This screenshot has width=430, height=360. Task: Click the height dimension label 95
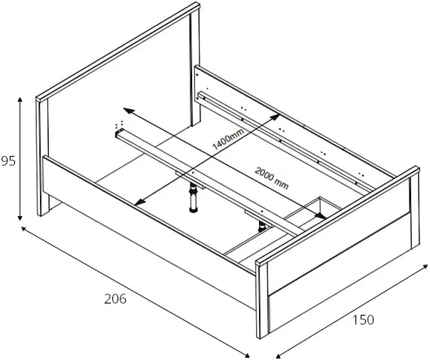(8, 161)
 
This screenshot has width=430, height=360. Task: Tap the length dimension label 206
(115, 298)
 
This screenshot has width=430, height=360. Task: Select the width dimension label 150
(363, 319)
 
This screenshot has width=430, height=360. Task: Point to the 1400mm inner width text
(228, 139)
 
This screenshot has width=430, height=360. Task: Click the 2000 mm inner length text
(272, 178)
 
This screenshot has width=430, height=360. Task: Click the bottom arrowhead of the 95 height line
(20, 218)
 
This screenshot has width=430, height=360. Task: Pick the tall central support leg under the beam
(194, 199)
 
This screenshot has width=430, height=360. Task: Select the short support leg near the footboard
(262, 227)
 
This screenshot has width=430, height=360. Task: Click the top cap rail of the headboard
(118, 51)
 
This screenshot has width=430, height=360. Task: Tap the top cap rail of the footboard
(337, 216)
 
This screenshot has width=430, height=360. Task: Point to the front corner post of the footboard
(262, 301)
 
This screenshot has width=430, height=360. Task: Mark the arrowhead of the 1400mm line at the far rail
(275, 117)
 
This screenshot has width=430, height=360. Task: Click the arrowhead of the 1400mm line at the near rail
(139, 202)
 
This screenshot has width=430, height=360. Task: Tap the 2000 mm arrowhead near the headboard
(128, 111)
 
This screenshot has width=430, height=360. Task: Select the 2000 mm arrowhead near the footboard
(321, 216)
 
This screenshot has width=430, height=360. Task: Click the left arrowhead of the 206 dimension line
(24, 229)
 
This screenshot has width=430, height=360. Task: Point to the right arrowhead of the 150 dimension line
(425, 267)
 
